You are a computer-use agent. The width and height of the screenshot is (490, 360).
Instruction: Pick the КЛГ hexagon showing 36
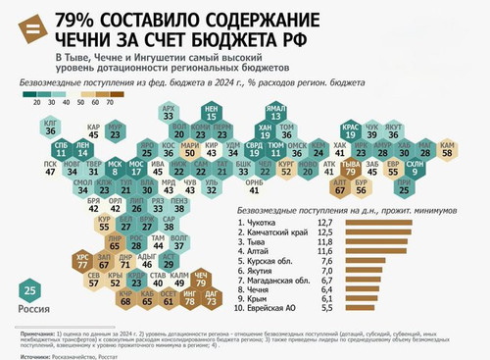[51, 127]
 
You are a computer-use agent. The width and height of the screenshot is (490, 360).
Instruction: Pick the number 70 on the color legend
[109, 101]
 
